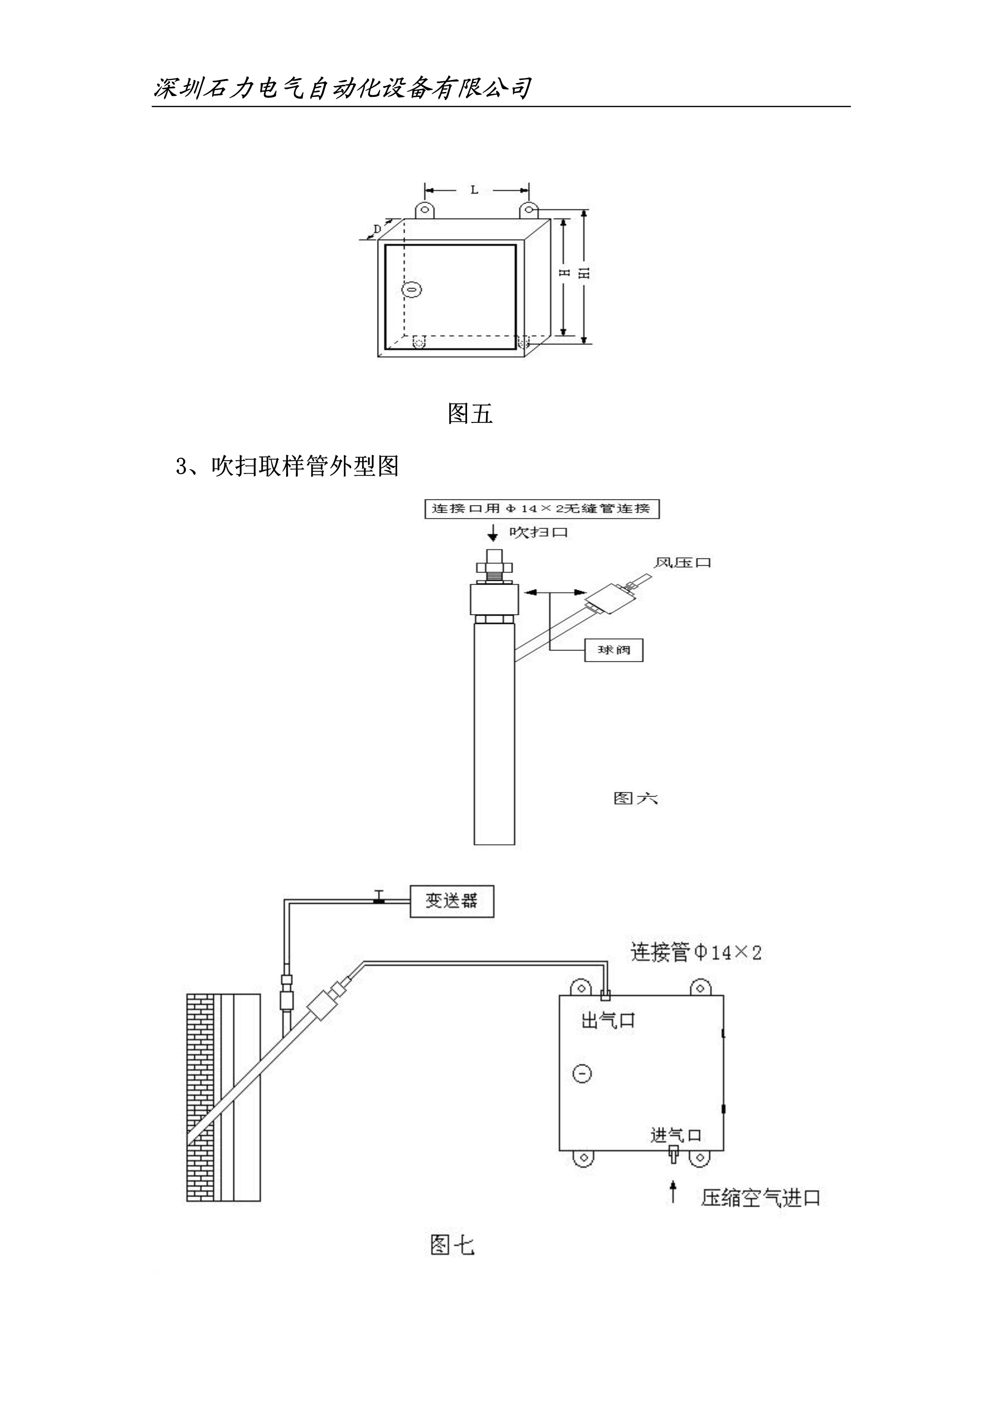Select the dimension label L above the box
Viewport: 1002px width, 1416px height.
pyautogui.click(x=474, y=190)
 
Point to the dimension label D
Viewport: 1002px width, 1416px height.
pyautogui.click(x=377, y=229)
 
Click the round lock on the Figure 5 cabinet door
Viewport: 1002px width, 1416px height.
pyautogui.click(x=412, y=289)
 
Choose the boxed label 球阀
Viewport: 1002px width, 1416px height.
pyautogui.click(x=613, y=650)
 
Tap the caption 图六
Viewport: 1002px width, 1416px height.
pyautogui.click(x=636, y=799)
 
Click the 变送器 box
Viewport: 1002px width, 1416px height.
pyautogui.click(x=452, y=901)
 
